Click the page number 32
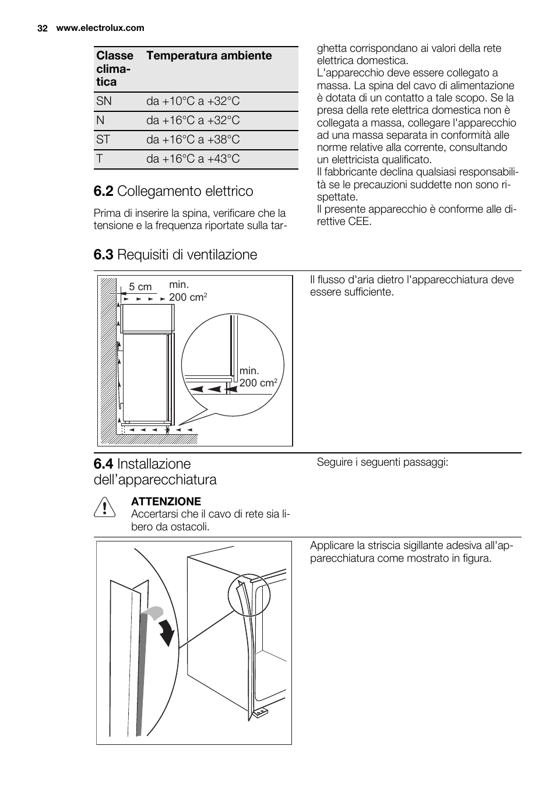point(42,28)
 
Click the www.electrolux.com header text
point(100,28)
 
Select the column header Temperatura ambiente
point(209,56)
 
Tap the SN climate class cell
point(104,101)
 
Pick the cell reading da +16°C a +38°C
point(193,140)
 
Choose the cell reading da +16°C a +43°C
point(193,159)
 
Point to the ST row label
point(103,140)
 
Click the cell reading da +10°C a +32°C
point(193,101)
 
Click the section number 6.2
point(104,192)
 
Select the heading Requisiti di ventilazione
point(186,255)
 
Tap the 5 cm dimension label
point(140,287)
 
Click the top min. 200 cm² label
point(188,291)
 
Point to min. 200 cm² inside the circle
point(257,377)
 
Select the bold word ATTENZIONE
point(166,501)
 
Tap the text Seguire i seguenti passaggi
point(382,462)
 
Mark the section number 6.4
point(104,464)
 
